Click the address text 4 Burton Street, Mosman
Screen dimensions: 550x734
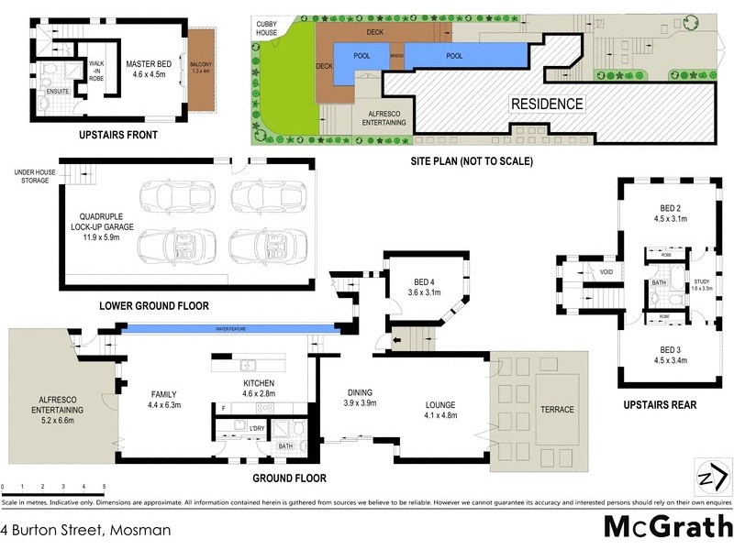pos(85,530)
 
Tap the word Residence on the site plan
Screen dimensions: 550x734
pos(547,104)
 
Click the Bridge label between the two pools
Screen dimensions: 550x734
pos(396,56)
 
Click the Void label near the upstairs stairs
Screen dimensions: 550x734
pos(606,272)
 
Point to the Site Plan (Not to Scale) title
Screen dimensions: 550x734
pos(471,161)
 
